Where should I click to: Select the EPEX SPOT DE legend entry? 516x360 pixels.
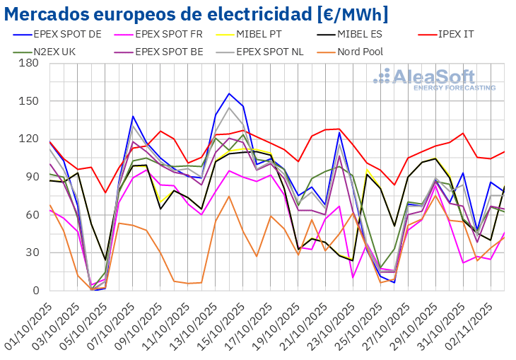64,33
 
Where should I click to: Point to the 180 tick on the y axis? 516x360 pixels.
29,63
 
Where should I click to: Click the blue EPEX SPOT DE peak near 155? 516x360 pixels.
229,93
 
